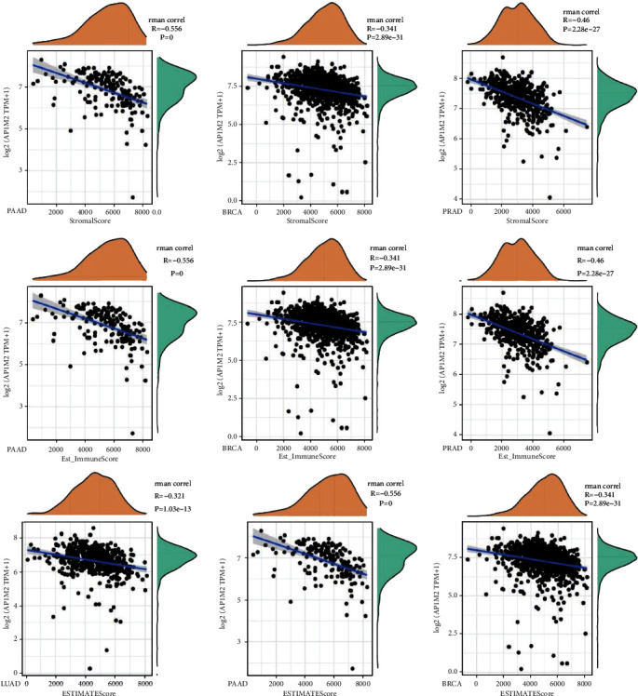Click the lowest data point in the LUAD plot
[x=89, y=668]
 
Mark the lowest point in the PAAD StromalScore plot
[x=134, y=197]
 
